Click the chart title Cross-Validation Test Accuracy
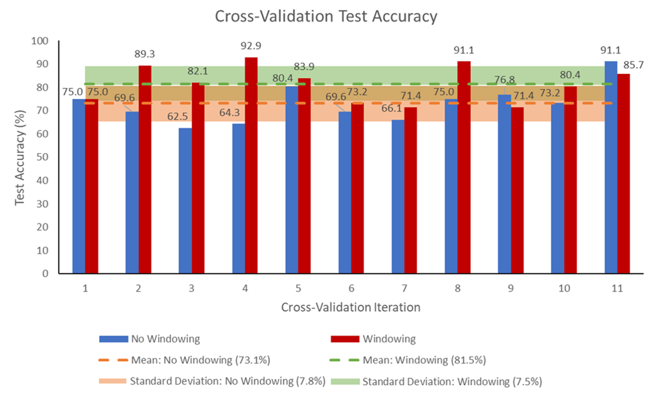[326, 16]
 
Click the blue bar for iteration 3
[185, 201]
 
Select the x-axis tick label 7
[404, 289]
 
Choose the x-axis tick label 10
[564, 289]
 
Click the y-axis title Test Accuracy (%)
[20, 158]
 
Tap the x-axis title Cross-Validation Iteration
[351, 307]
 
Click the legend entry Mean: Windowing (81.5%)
[423, 359]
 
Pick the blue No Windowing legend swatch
[113, 339]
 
